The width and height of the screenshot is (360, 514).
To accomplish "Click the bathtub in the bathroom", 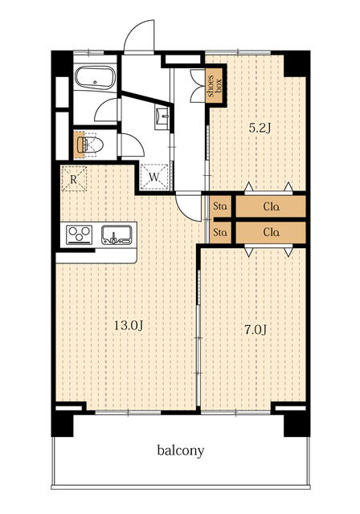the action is pyautogui.click(x=95, y=78).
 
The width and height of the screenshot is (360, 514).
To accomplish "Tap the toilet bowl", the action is pyautogui.click(x=91, y=145).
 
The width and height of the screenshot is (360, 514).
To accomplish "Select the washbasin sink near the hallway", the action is pyautogui.click(x=162, y=116).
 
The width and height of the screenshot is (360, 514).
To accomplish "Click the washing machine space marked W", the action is pyautogui.click(x=154, y=177).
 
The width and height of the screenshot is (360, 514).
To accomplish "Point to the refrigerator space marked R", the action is pyautogui.click(x=74, y=179).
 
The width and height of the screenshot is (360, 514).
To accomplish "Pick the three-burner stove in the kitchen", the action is pyautogui.click(x=80, y=235).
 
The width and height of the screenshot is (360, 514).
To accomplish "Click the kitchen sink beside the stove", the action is pyautogui.click(x=117, y=235).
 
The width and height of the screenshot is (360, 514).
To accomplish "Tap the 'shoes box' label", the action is pyautogui.click(x=215, y=86).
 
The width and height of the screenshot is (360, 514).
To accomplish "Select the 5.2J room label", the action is pyautogui.click(x=260, y=128).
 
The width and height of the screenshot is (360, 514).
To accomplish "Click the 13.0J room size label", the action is pyautogui.click(x=129, y=325).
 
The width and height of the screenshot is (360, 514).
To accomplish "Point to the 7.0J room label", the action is pyautogui.click(x=256, y=330).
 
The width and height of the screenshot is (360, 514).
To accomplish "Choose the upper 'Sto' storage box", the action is pyautogui.click(x=220, y=206).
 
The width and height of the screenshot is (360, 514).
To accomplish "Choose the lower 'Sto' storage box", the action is pyautogui.click(x=220, y=232).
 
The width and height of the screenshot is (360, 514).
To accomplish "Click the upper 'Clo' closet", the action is pyautogui.click(x=271, y=206).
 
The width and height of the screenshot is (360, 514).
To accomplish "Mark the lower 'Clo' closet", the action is pyautogui.click(x=271, y=232).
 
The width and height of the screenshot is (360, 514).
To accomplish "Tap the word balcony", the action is pyautogui.click(x=181, y=451).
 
